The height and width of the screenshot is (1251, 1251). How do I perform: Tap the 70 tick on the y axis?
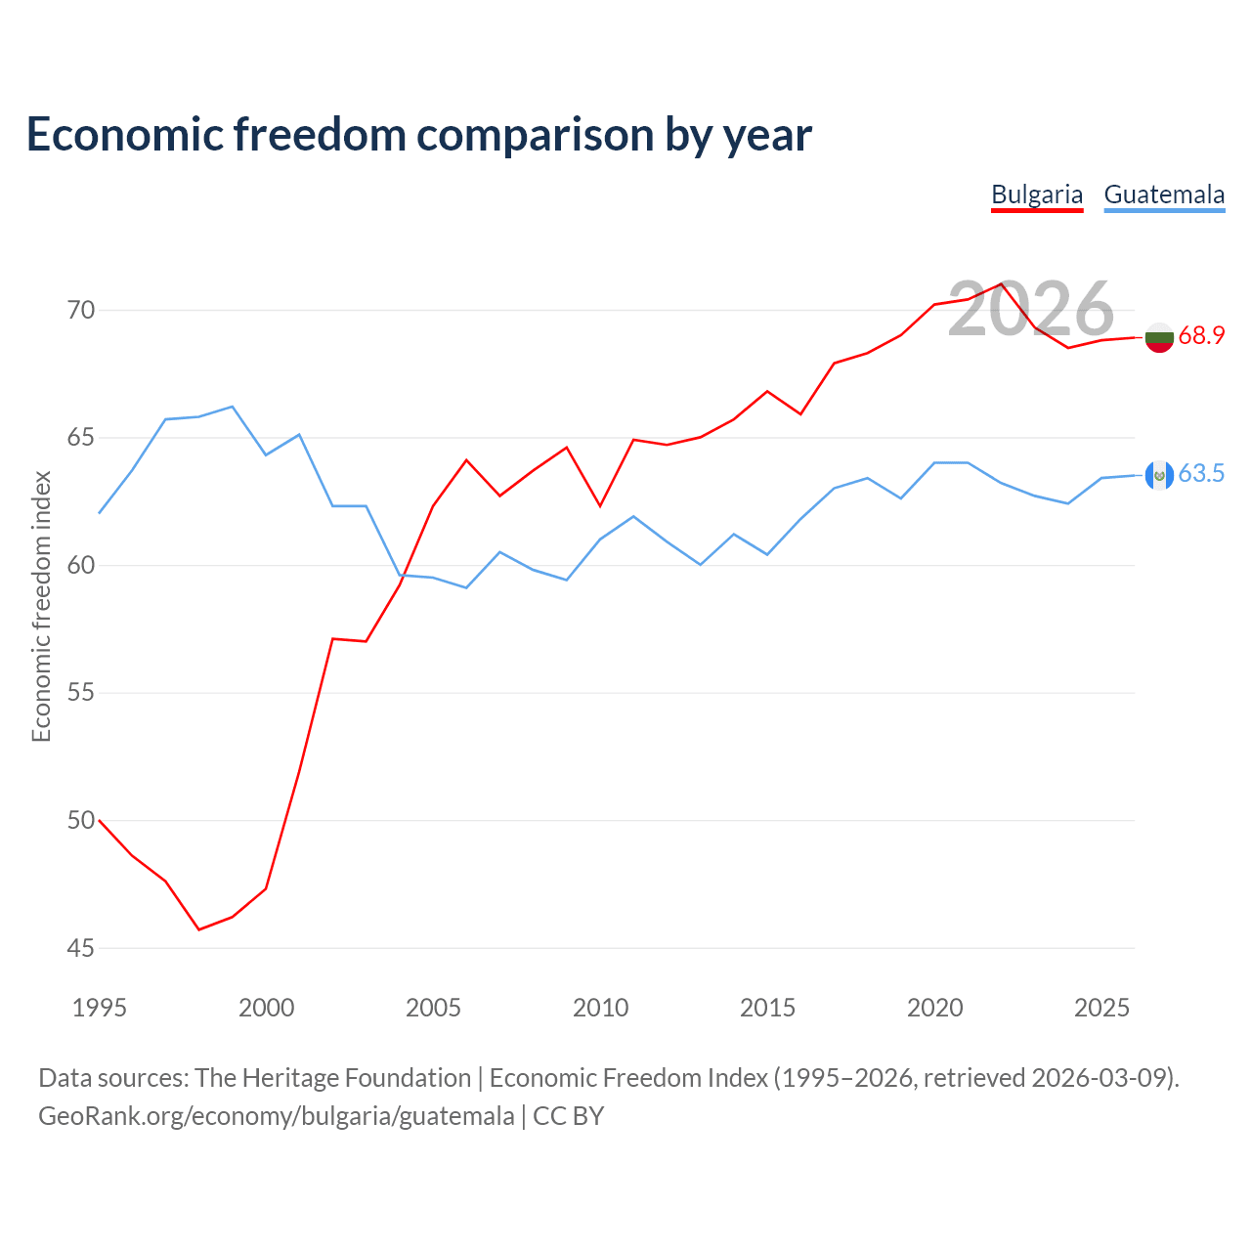click(81, 311)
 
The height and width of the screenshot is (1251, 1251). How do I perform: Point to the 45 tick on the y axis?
click(81, 948)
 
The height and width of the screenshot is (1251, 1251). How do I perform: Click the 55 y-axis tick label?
click(81, 693)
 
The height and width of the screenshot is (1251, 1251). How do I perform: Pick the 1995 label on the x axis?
click(100, 1008)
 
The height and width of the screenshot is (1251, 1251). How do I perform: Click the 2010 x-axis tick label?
click(600, 1008)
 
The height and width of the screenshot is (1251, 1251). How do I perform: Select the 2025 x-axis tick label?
click(1101, 1008)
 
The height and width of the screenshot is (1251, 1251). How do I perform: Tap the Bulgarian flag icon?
click(1159, 337)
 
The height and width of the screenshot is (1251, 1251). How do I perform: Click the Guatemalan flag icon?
click(1159, 475)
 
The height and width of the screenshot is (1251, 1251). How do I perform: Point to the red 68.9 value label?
click(1201, 335)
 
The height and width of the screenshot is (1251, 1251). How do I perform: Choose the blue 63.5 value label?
click(1201, 473)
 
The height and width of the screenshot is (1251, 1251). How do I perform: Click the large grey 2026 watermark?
click(1031, 309)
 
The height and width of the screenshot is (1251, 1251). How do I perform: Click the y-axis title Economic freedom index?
click(41, 606)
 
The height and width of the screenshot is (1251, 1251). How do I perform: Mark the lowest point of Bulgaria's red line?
click(199, 929)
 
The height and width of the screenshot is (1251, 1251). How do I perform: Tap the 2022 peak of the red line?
click(1001, 283)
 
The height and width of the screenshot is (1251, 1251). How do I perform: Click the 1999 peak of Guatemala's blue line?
click(233, 407)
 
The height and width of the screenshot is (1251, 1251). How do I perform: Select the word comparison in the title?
click(536, 135)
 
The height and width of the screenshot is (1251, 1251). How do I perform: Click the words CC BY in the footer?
click(568, 1116)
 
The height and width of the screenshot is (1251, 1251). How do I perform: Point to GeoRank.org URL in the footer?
click(277, 1117)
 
